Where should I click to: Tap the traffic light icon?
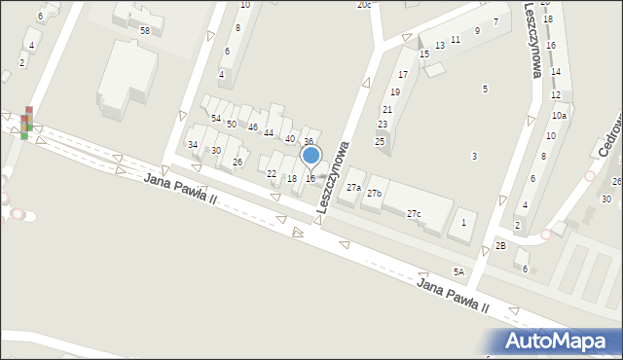click(x=26, y=123)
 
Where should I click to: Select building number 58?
click(x=144, y=31)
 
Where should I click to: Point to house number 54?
click(x=216, y=118)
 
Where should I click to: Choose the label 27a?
click(x=353, y=188)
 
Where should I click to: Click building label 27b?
click(x=374, y=194)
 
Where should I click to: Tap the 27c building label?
click(x=414, y=213)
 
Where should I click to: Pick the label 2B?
click(x=500, y=245)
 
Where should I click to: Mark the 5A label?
click(x=458, y=271)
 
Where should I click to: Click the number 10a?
click(x=559, y=116)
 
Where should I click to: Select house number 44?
click(x=269, y=132)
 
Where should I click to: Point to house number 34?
click(x=193, y=145)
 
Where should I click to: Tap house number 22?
click(x=272, y=174)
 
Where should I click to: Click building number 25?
click(x=380, y=142)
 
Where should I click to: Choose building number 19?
click(x=395, y=91)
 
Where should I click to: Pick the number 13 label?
click(x=440, y=46)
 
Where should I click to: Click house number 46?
click(x=252, y=127)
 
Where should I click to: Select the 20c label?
click(x=363, y=5)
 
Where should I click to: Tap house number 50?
click(x=232, y=124)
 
